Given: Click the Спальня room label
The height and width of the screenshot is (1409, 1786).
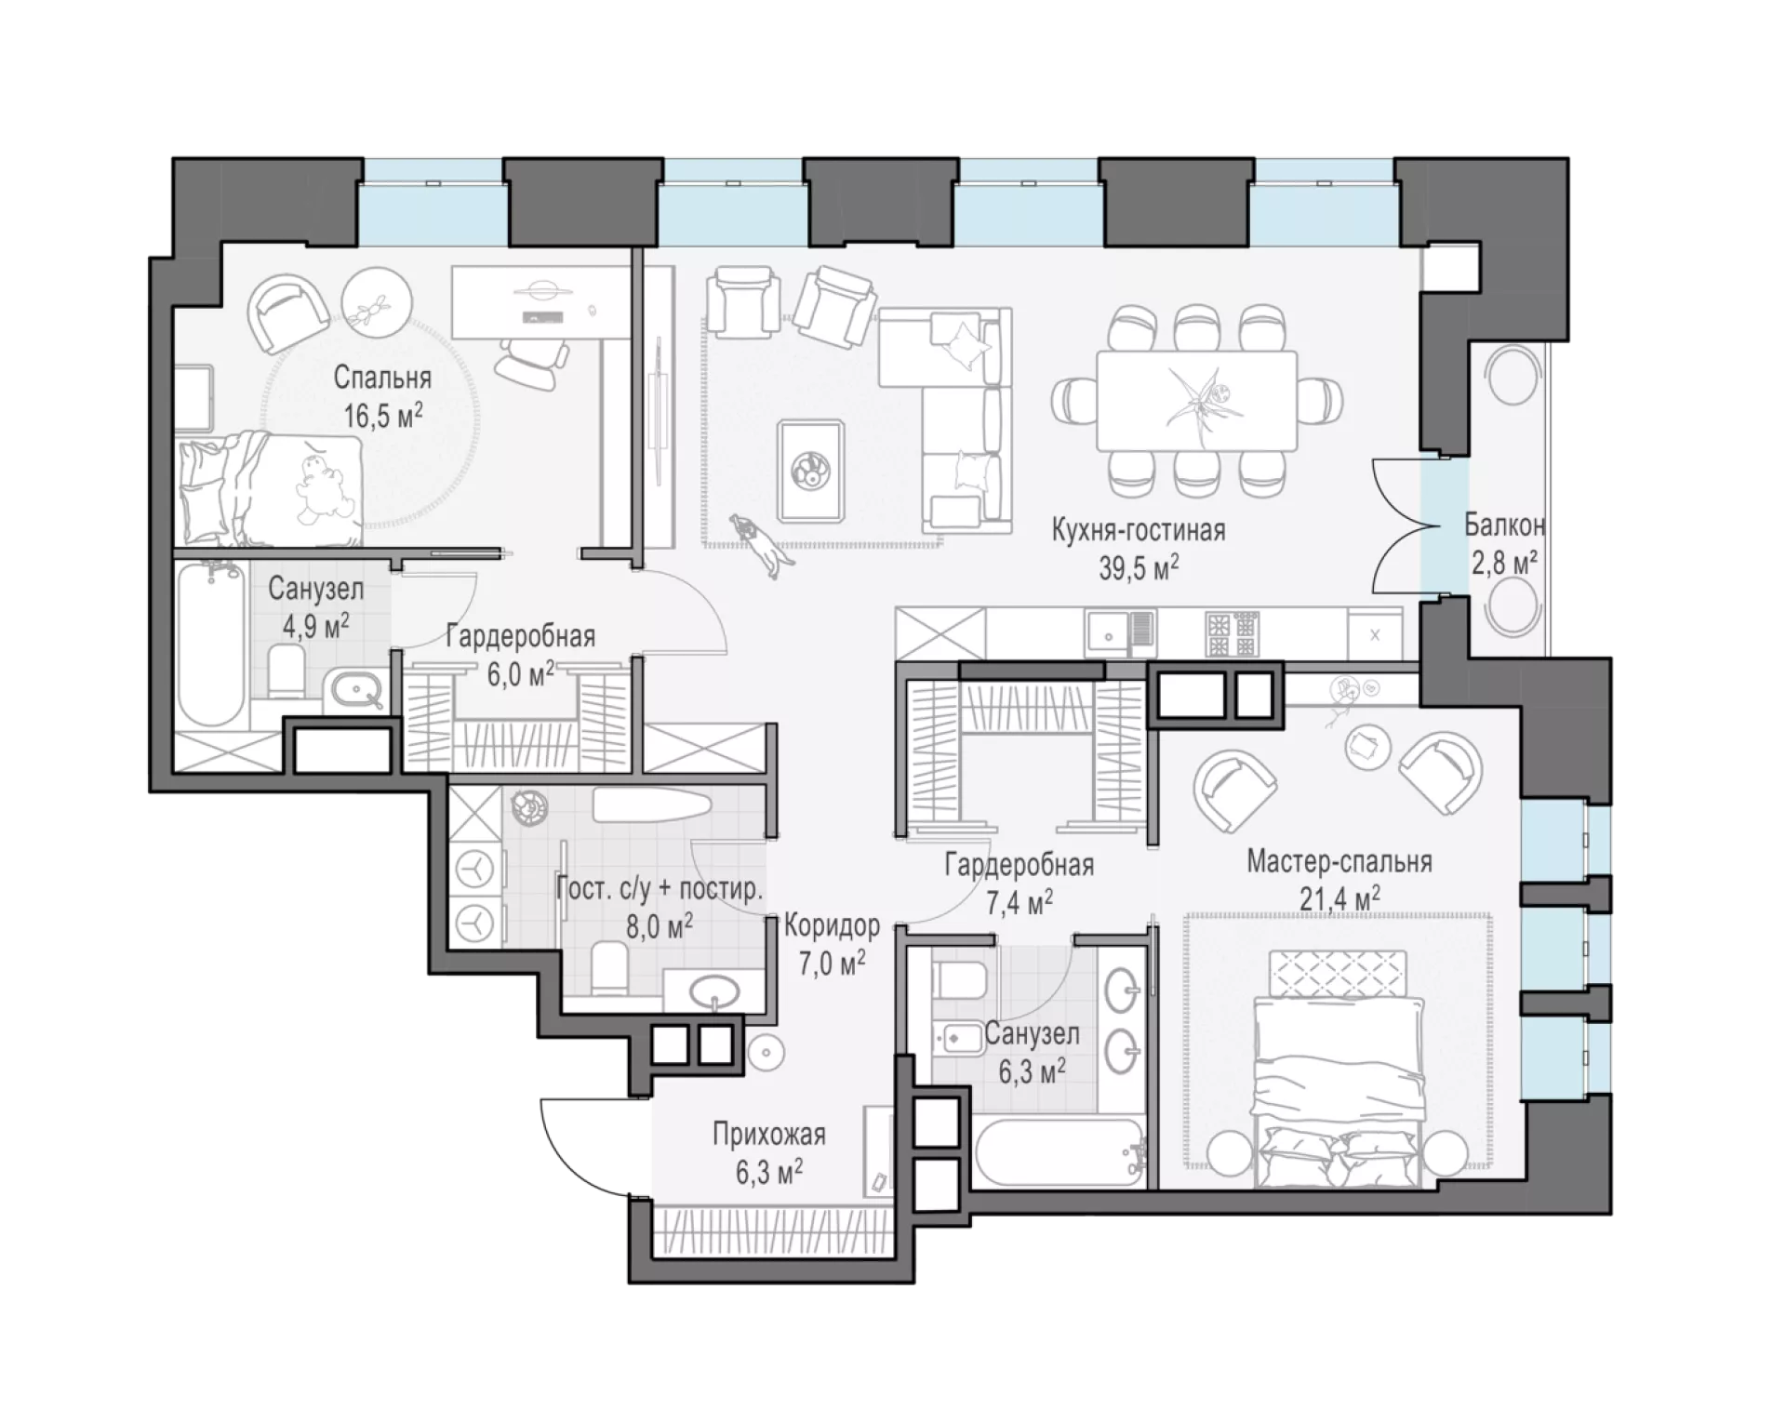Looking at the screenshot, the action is tap(382, 379).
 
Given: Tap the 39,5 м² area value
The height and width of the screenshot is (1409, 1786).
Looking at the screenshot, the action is tap(1139, 567).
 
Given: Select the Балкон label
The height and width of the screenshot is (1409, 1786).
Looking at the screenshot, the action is tap(1504, 525).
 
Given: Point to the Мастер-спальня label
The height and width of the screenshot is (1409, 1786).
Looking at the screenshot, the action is tap(1339, 861).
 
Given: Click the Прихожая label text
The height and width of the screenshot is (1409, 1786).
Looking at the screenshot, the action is tap(769, 1135).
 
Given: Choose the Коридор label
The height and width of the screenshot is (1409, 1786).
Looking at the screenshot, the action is tap(832, 925).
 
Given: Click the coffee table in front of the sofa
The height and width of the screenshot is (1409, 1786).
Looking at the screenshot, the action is tap(811, 472).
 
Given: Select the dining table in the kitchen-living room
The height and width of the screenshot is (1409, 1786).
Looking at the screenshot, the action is tap(1195, 400).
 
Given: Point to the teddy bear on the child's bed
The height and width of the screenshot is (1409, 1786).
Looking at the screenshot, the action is tap(323, 488).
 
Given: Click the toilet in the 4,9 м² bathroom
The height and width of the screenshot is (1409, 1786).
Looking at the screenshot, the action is tap(287, 671).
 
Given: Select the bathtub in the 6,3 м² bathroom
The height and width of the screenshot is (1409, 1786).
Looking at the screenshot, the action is tap(1060, 1151).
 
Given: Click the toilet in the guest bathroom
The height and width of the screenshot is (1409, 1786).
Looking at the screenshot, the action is tap(610, 968).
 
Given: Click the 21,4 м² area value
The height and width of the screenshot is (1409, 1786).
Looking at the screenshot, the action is tap(1339, 898).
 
